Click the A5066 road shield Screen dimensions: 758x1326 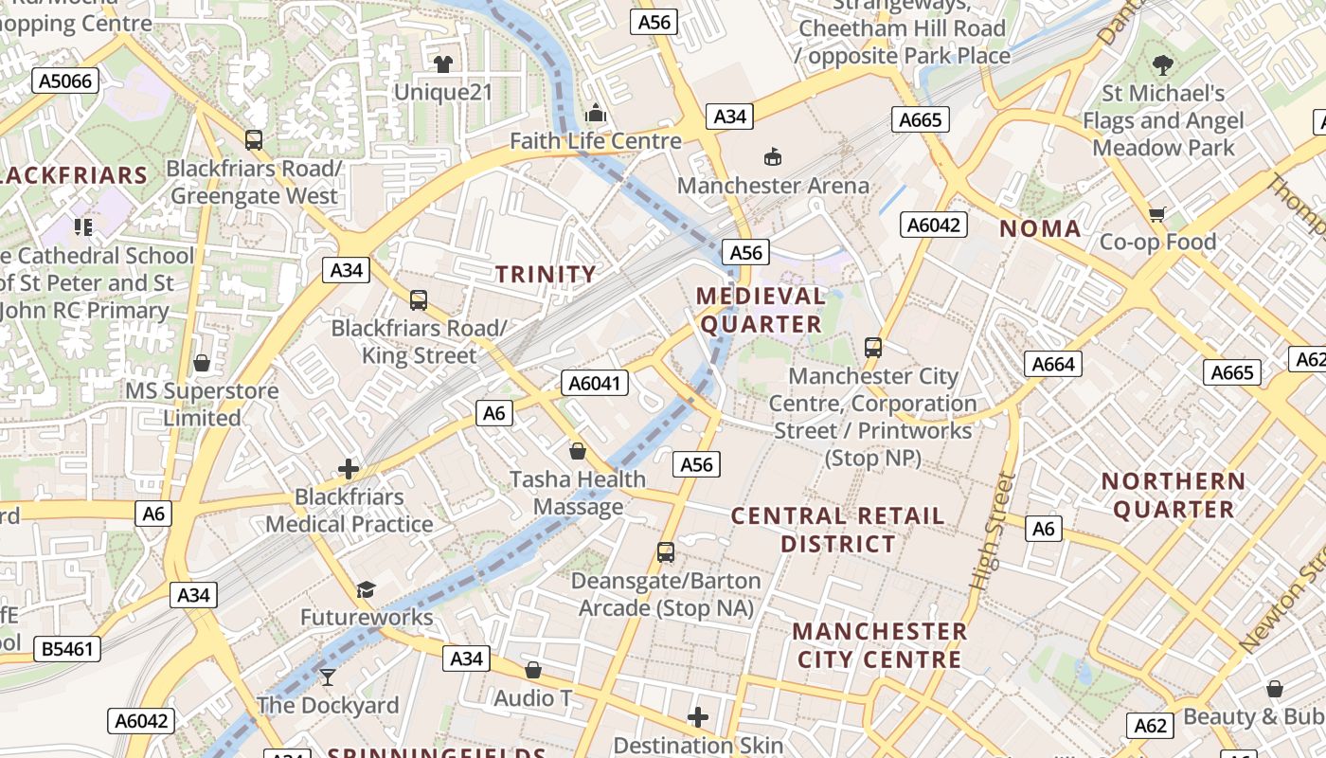[x=66, y=81]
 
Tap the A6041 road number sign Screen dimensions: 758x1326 [x=596, y=383]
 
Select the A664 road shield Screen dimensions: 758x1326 [x=1053, y=364]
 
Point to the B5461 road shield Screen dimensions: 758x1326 [x=67, y=649]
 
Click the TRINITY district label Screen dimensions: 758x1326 [x=547, y=275]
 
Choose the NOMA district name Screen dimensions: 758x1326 [x=1040, y=228]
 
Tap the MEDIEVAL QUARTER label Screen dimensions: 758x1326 [x=761, y=310]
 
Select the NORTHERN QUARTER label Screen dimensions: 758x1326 [x=1173, y=496]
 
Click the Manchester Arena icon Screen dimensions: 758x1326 [x=773, y=156]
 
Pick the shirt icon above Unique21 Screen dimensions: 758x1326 [x=443, y=64]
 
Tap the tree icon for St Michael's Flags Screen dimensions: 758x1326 [x=1163, y=65]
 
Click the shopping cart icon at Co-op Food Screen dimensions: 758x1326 [x=1156, y=214]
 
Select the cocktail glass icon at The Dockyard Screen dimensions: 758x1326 [x=328, y=677]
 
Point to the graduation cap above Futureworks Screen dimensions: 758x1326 [x=367, y=590]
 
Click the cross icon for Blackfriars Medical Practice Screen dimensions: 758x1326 [x=349, y=468]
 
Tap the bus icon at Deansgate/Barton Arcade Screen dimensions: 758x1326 [x=666, y=551]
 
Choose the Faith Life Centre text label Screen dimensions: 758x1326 [x=596, y=141]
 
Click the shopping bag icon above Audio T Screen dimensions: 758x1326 [x=533, y=670]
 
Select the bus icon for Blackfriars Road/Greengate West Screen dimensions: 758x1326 [x=254, y=140]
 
